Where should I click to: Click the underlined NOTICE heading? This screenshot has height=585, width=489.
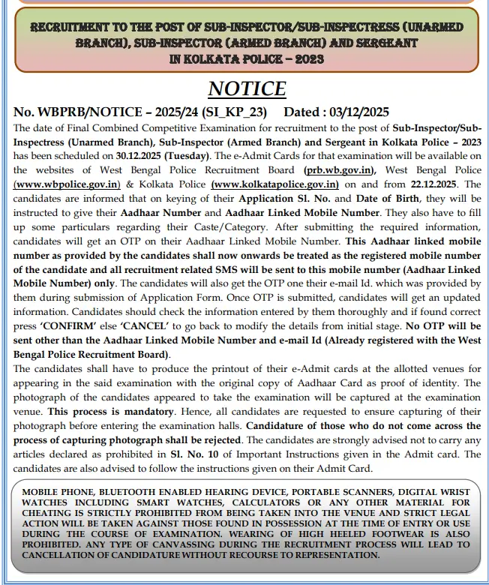click(247, 88)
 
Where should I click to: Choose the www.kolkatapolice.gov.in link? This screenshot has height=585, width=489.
click(275, 184)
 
